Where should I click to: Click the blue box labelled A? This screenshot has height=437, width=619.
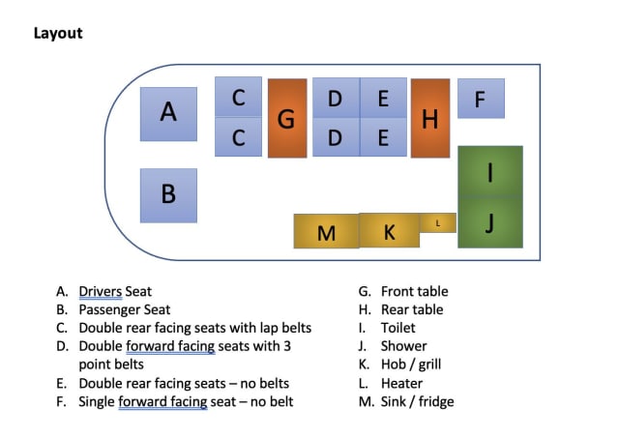pyautogui.click(x=168, y=114)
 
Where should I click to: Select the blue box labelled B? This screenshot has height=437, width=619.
pyautogui.click(x=168, y=195)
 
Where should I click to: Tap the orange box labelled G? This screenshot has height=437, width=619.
pyautogui.click(x=287, y=118)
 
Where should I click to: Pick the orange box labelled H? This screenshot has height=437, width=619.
pyautogui.click(x=430, y=118)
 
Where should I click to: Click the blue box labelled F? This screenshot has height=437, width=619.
pyautogui.click(x=481, y=99)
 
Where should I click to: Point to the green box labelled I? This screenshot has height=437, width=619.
pyautogui.click(x=490, y=172)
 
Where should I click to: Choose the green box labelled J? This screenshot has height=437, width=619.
pyautogui.click(x=490, y=223)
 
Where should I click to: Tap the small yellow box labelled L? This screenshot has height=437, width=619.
pyautogui.click(x=438, y=223)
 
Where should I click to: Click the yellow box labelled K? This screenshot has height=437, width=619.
pyautogui.click(x=390, y=231)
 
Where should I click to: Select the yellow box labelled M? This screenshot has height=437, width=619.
pyautogui.click(x=326, y=232)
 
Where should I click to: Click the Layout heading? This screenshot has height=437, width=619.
pyautogui.click(x=58, y=33)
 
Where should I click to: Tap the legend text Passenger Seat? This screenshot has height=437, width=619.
pyautogui.click(x=124, y=309)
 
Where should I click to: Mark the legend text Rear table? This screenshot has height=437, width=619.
pyautogui.click(x=412, y=309)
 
